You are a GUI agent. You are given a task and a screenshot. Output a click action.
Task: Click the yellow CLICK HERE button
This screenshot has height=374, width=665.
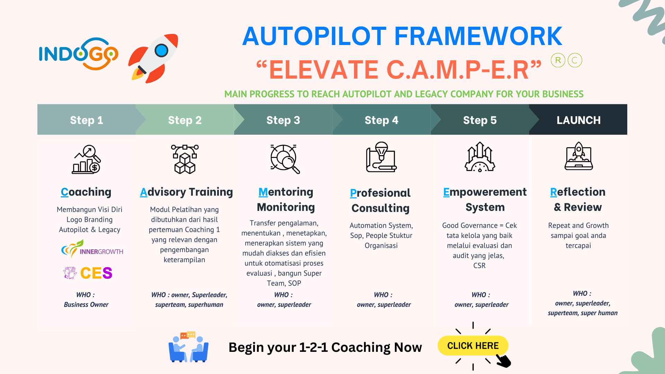[x=473, y=346]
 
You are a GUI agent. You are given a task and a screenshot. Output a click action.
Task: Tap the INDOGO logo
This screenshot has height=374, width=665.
[x=79, y=54]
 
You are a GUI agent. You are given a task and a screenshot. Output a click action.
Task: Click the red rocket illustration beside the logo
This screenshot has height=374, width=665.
[x=153, y=58]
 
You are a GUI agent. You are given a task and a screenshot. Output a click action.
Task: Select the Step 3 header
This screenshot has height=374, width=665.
[x=283, y=120]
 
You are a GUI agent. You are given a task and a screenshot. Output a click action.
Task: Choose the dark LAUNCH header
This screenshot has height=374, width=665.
[x=578, y=120]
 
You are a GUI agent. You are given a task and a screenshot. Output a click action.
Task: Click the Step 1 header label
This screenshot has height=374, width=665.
[x=87, y=120]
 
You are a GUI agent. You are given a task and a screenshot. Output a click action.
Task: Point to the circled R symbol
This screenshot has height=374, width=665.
[x=558, y=60]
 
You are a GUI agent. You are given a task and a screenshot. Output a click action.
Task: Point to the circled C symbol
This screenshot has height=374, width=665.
[x=575, y=60]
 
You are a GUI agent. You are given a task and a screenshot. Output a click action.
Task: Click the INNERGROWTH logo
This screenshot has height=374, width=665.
[x=92, y=250]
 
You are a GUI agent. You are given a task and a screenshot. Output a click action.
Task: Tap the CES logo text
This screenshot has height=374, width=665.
[x=96, y=273]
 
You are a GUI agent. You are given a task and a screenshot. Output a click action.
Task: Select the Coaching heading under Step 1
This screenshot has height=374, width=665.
[x=86, y=192]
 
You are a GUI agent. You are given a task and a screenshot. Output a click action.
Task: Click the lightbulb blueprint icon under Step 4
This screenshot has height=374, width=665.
[x=381, y=157]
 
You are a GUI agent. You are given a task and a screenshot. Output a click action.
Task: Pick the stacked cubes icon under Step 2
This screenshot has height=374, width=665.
[x=185, y=159]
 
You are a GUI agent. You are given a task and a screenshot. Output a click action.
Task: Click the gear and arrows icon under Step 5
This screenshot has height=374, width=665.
[x=480, y=157]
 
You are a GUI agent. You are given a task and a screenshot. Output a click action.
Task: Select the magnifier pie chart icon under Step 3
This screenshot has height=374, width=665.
[x=285, y=159]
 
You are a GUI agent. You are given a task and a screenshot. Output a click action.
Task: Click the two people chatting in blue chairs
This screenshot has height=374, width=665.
[x=188, y=347]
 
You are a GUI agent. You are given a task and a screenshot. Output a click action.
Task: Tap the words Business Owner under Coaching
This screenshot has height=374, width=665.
[x=86, y=304]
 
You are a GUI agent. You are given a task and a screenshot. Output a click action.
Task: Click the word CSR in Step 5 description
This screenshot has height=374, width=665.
[x=479, y=266]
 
